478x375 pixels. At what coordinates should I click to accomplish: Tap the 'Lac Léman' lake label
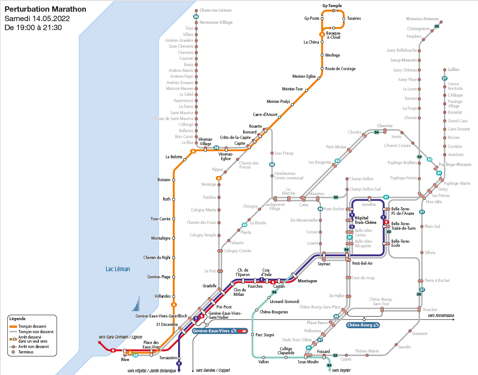(118, 269)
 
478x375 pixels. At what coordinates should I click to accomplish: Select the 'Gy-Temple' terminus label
(332, 5)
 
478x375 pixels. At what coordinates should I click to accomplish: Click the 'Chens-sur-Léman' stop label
(215, 10)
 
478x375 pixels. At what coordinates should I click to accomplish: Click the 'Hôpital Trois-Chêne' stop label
(365, 220)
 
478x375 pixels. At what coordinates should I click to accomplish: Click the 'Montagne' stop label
(307, 281)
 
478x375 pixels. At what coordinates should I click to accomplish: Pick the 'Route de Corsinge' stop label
(340, 69)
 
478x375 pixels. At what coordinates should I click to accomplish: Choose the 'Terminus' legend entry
(27, 352)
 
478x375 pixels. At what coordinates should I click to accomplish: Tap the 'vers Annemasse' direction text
(441, 315)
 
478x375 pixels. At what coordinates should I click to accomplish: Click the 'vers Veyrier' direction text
(342, 370)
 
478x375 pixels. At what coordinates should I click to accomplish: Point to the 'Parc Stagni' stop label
(265, 335)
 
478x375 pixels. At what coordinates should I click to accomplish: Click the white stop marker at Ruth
(174, 199)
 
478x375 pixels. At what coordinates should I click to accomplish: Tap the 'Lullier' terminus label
(454, 70)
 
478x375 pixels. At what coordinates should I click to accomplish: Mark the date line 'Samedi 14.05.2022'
(37, 18)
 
